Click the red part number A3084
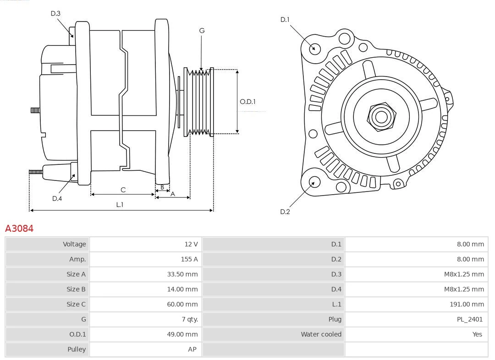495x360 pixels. pos(19,228)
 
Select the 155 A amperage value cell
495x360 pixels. pos(189,259)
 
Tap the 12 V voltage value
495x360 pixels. pos(191,244)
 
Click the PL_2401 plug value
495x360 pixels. pos(469,319)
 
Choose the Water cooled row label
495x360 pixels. pos(321,334)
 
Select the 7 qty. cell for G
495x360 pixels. pos(189,319)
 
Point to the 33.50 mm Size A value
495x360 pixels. pos(182,274)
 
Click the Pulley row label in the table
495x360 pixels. pos(77,349)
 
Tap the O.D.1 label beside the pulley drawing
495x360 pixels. pos(247,102)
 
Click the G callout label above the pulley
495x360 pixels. pos(202,31)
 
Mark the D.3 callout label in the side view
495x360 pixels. pos(55,13)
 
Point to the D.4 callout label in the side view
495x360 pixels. pos(57,198)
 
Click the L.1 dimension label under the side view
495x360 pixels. pos(120,205)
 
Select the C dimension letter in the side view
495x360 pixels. pos(123,190)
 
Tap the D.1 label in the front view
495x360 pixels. pos(285,19)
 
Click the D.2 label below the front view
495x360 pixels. pos(285,212)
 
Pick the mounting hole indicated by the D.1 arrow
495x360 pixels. pos(315,48)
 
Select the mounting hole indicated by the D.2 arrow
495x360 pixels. pos(314,183)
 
